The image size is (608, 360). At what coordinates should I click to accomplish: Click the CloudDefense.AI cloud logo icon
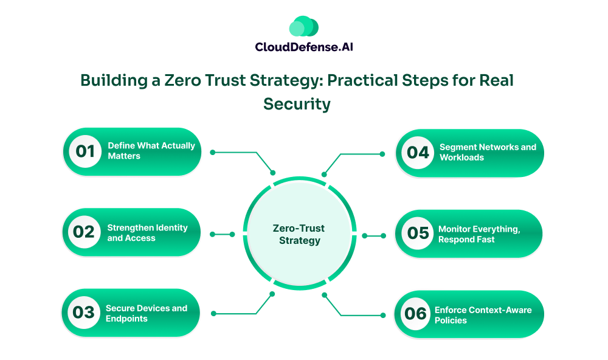pyautogui.click(x=303, y=26)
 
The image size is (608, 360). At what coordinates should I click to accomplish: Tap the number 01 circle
pyautogui.click(x=85, y=151)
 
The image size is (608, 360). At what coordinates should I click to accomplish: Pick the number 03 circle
pyautogui.click(x=83, y=313)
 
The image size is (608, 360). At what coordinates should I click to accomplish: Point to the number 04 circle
pyautogui.click(x=418, y=152)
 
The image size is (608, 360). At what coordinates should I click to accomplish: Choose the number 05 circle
pyautogui.click(x=418, y=234)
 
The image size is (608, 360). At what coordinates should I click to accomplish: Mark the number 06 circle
pyautogui.click(x=416, y=314)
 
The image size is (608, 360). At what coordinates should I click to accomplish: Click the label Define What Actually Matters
pyautogui.click(x=151, y=151)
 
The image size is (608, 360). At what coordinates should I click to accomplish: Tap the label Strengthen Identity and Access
pyautogui.click(x=147, y=233)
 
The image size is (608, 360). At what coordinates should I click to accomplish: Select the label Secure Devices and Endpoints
pyautogui.click(x=146, y=313)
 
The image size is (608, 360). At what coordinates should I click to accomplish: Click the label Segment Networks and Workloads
pyautogui.click(x=488, y=152)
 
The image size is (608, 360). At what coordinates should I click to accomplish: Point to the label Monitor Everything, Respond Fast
pyautogui.click(x=479, y=234)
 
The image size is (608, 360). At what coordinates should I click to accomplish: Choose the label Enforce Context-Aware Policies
pyautogui.click(x=483, y=314)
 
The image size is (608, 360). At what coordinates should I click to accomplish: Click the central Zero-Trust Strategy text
pyautogui.click(x=299, y=234)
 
